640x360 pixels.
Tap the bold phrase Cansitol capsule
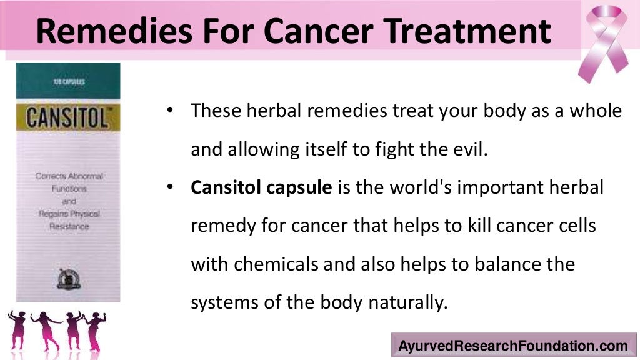coord(261,187)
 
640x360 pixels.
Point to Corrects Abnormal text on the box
coord(68,177)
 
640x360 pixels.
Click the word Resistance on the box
coord(69,226)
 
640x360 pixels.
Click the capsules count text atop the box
coord(66,81)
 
